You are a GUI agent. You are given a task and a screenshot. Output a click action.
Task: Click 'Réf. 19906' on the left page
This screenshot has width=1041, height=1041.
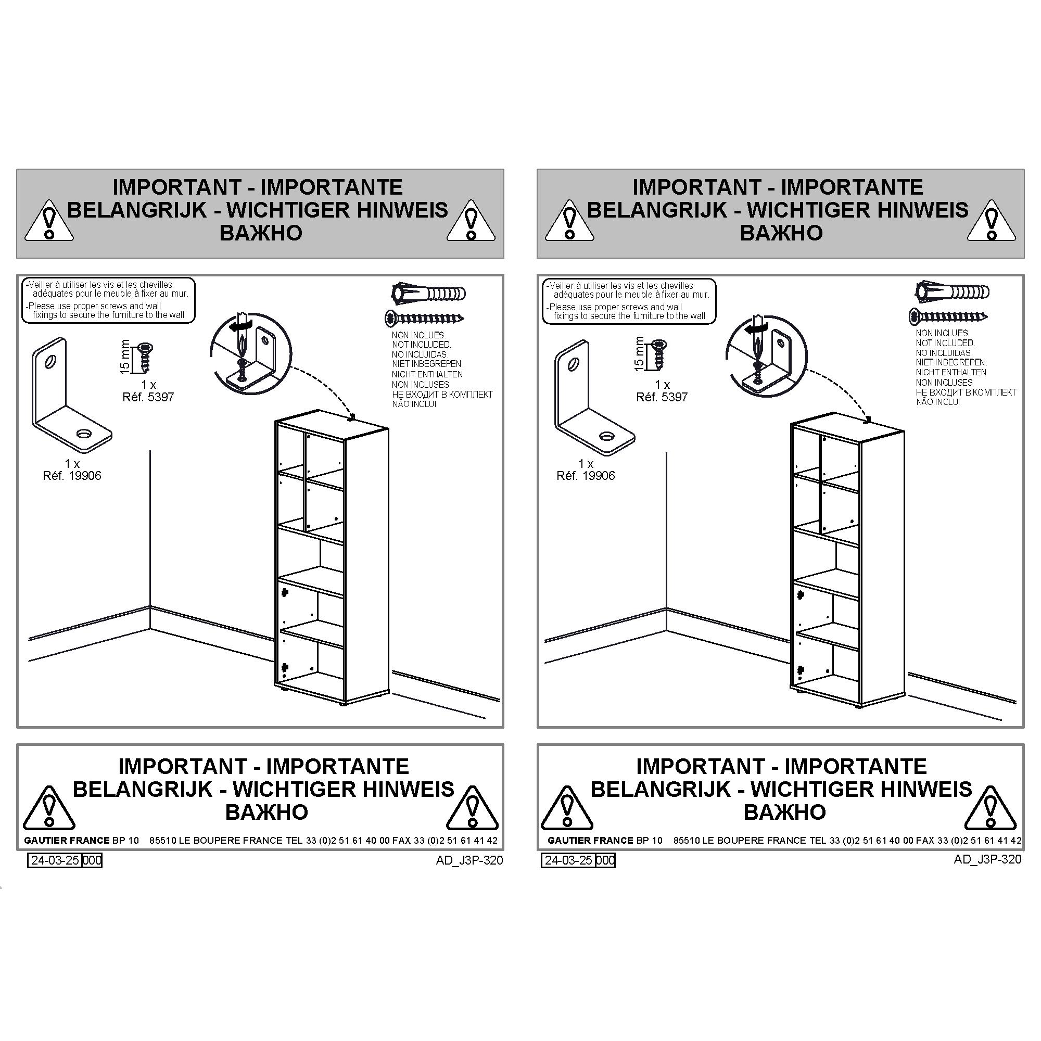point(72,476)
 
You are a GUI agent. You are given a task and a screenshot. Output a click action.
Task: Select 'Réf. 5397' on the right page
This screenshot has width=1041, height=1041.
point(662,397)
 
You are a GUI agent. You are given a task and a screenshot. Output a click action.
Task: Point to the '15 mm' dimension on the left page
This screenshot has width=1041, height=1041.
point(125,357)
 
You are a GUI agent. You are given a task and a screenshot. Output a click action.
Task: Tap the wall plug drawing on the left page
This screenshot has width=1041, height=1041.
point(428,293)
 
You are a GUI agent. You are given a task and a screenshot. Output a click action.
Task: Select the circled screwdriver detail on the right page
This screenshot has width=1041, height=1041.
point(766,356)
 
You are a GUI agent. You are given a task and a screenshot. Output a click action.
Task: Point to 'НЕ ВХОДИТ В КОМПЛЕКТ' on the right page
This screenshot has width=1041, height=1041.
point(966,392)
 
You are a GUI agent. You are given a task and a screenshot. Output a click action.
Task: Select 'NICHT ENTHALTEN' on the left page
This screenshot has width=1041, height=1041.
point(427,374)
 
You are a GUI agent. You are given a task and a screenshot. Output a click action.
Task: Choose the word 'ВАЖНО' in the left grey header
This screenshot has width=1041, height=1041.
point(261,233)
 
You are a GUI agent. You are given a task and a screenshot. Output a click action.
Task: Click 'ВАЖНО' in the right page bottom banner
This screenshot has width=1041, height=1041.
point(784,812)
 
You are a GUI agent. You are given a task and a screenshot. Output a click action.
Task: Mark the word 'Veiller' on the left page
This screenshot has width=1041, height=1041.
point(43,285)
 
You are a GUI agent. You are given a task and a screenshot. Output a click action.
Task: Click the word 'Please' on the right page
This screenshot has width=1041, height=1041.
point(562,307)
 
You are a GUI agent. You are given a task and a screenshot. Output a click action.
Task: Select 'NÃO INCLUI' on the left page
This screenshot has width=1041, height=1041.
point(414,404)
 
